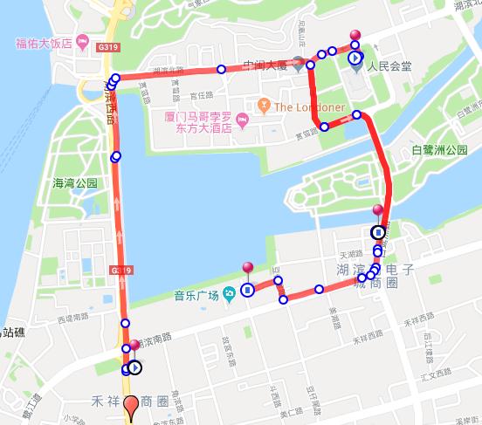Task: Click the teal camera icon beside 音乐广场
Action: tap(228, 292)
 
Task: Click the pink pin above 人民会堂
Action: tap(355, 36)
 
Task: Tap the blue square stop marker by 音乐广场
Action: tap(248, 290)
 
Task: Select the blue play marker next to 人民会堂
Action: tap(355, 58)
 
